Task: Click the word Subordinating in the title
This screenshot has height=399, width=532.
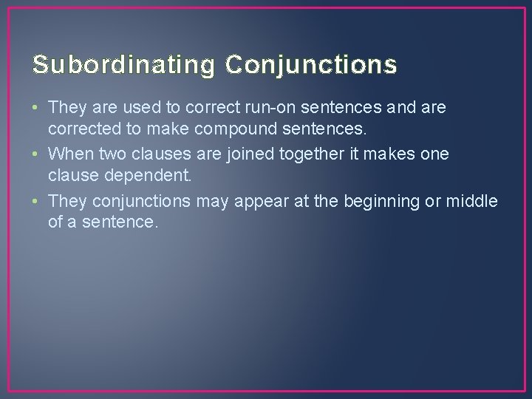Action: click(123, 65)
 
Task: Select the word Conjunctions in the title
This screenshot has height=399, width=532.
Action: click(311, 65)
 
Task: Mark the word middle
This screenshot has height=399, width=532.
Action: click(471, 202)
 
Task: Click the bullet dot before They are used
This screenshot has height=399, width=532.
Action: click(36, 108)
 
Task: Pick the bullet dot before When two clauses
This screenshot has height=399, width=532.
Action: click(36, 154)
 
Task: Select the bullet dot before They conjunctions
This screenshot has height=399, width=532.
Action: click(36, 202)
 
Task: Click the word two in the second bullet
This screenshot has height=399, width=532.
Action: click(106, 154)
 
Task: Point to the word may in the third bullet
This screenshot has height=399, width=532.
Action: click(211, 202)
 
